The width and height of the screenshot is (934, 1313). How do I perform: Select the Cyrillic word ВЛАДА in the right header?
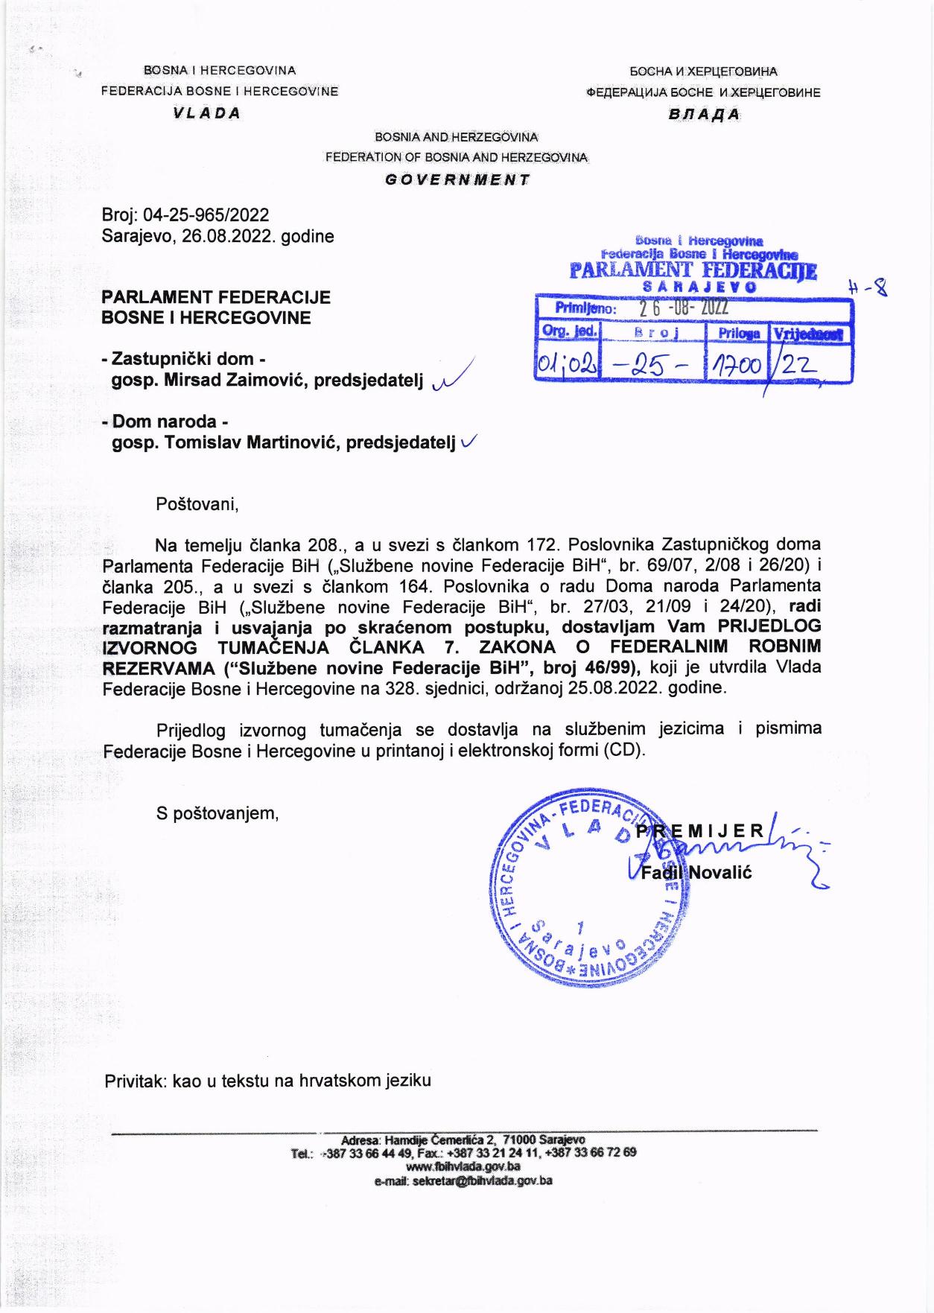703,115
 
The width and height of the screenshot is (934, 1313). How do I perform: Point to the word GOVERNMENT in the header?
457,179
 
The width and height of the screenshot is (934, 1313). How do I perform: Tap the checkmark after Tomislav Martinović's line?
468,442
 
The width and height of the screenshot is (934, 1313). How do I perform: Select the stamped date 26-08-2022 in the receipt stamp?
683,308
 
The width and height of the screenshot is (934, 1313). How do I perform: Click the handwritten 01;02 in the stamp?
565,365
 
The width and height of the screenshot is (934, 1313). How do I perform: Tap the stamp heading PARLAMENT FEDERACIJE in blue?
693,270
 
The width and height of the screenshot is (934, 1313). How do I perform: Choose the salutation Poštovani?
197,504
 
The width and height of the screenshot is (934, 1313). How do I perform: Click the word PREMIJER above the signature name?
699,830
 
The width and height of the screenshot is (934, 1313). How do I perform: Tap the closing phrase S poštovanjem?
217,813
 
